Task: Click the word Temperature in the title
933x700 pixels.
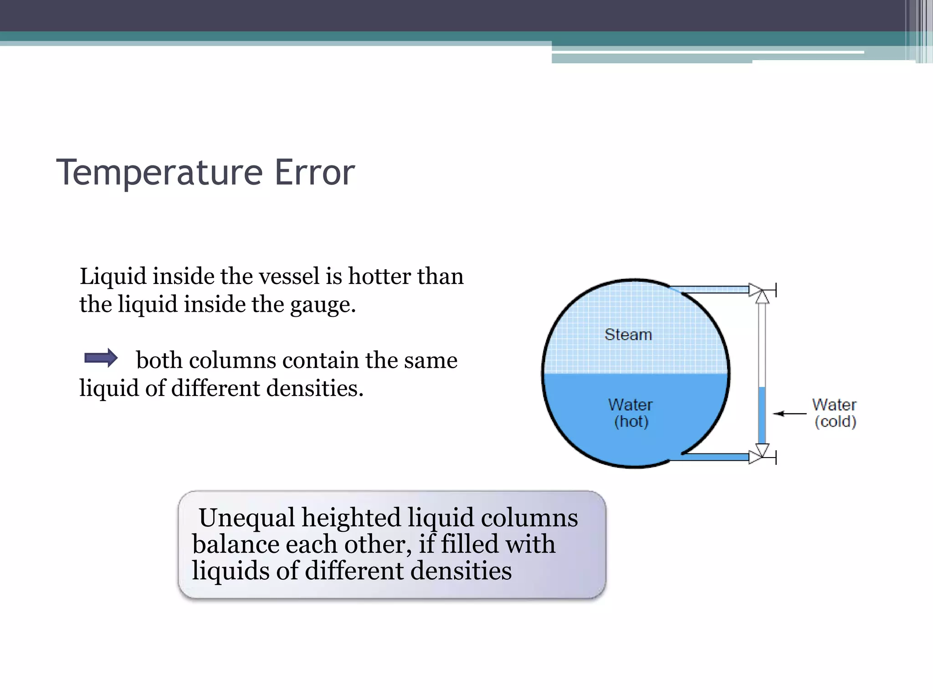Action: (x=159, y=173)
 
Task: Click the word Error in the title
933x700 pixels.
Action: (x=314, y=173)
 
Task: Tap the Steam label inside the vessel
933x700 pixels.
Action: (x=628, y=335)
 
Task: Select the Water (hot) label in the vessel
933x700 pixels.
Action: (x=631, y=413)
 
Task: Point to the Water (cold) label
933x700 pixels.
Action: (x=835, y=413)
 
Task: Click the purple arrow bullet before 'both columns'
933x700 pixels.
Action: (x=101, y=358)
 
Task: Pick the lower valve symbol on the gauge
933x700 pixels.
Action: (x=760, y=453)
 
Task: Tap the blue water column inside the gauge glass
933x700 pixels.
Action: (x=761, y=415)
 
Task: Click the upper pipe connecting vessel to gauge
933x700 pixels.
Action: (x=711, y=289)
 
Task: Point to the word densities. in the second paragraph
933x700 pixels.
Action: (x=314, y=388)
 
